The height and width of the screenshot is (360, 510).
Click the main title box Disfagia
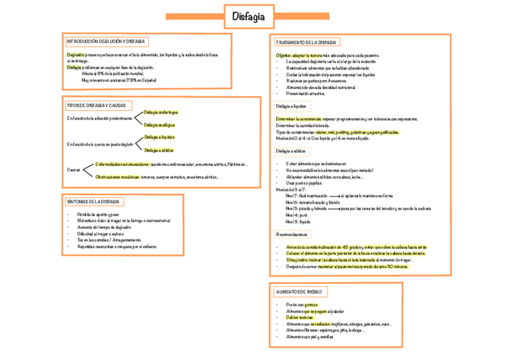(x=248, y=17)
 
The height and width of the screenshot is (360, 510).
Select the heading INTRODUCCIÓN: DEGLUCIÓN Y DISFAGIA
(x=106, y=41)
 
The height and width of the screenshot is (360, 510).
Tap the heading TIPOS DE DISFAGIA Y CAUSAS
(x=96, y=106)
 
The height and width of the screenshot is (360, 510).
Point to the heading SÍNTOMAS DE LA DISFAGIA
(x=94, y=201)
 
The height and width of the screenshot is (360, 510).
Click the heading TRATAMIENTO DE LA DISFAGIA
(x=307, y=43)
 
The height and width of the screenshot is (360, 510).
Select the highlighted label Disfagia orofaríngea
(x=161, y=112)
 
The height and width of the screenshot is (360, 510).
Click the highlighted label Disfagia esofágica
(x=159, y=125)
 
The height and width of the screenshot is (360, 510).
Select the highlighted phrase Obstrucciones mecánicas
(x=118, y=177)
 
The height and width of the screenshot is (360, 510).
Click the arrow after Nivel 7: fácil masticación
(x=333, y=196)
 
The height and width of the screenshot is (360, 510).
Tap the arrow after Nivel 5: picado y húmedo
(x=333, y=209)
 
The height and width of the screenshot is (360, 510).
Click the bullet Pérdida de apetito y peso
(x=97, y=215)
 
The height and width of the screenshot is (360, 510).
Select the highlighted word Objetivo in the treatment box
(x=283, y=55)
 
